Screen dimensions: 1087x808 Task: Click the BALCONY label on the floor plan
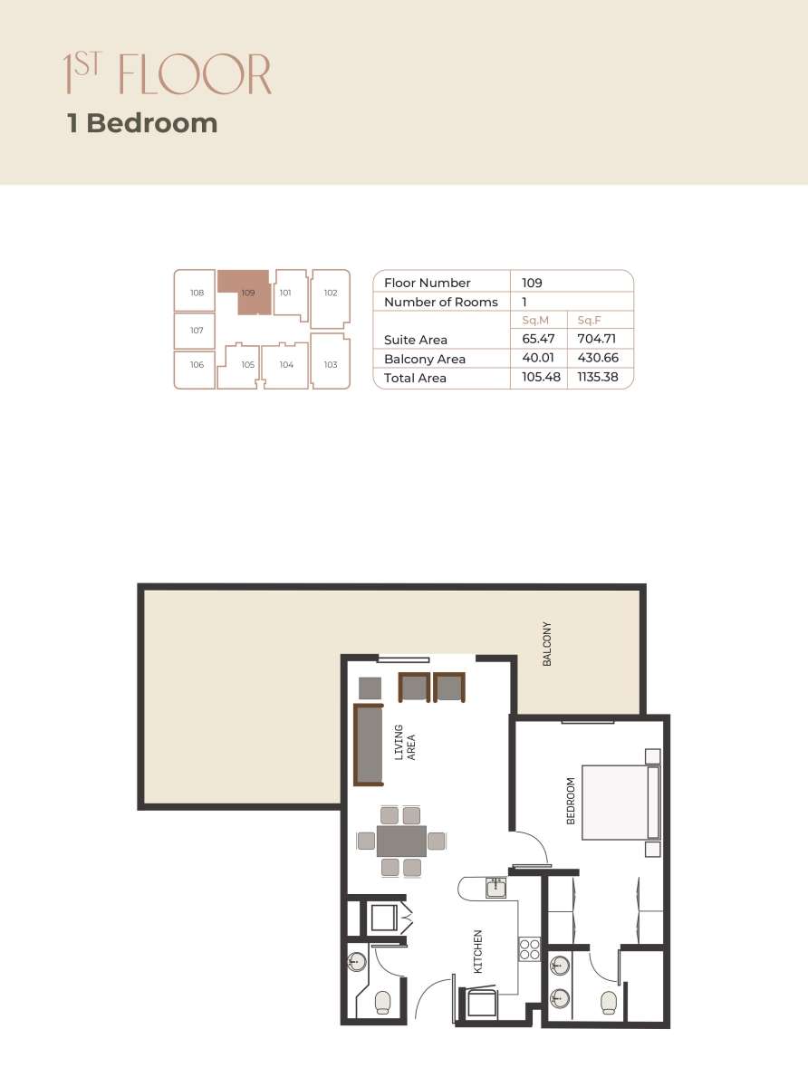[x=547, y=644]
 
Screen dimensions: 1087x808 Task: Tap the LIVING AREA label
[x=404, y=742]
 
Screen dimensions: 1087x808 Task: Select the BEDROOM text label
[x=571, y=801]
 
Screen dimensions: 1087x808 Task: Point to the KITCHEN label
[x=477, y=951]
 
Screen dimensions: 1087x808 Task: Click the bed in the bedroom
[x=620, y=803]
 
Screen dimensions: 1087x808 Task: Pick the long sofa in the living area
[x=370, y=744]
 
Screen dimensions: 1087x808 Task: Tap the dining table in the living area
[x=401, y=841]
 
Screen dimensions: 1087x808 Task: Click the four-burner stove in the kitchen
[x=529, y=949]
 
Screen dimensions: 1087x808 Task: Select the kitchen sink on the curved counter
[x=495, y=889]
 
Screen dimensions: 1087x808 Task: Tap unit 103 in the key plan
[x=330, y=364]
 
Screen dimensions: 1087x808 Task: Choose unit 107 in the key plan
[x=197, y=331]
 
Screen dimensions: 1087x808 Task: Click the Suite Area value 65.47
[x=536, y=340]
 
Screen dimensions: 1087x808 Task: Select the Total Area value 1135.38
[x=597, y=378]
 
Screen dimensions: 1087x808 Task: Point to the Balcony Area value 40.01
[x=536, y=359]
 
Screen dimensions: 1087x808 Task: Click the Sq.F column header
[x=590, y=321]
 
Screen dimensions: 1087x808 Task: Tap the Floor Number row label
[x=427, y=283]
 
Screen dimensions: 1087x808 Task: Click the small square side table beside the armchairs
[x=370, y=687]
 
